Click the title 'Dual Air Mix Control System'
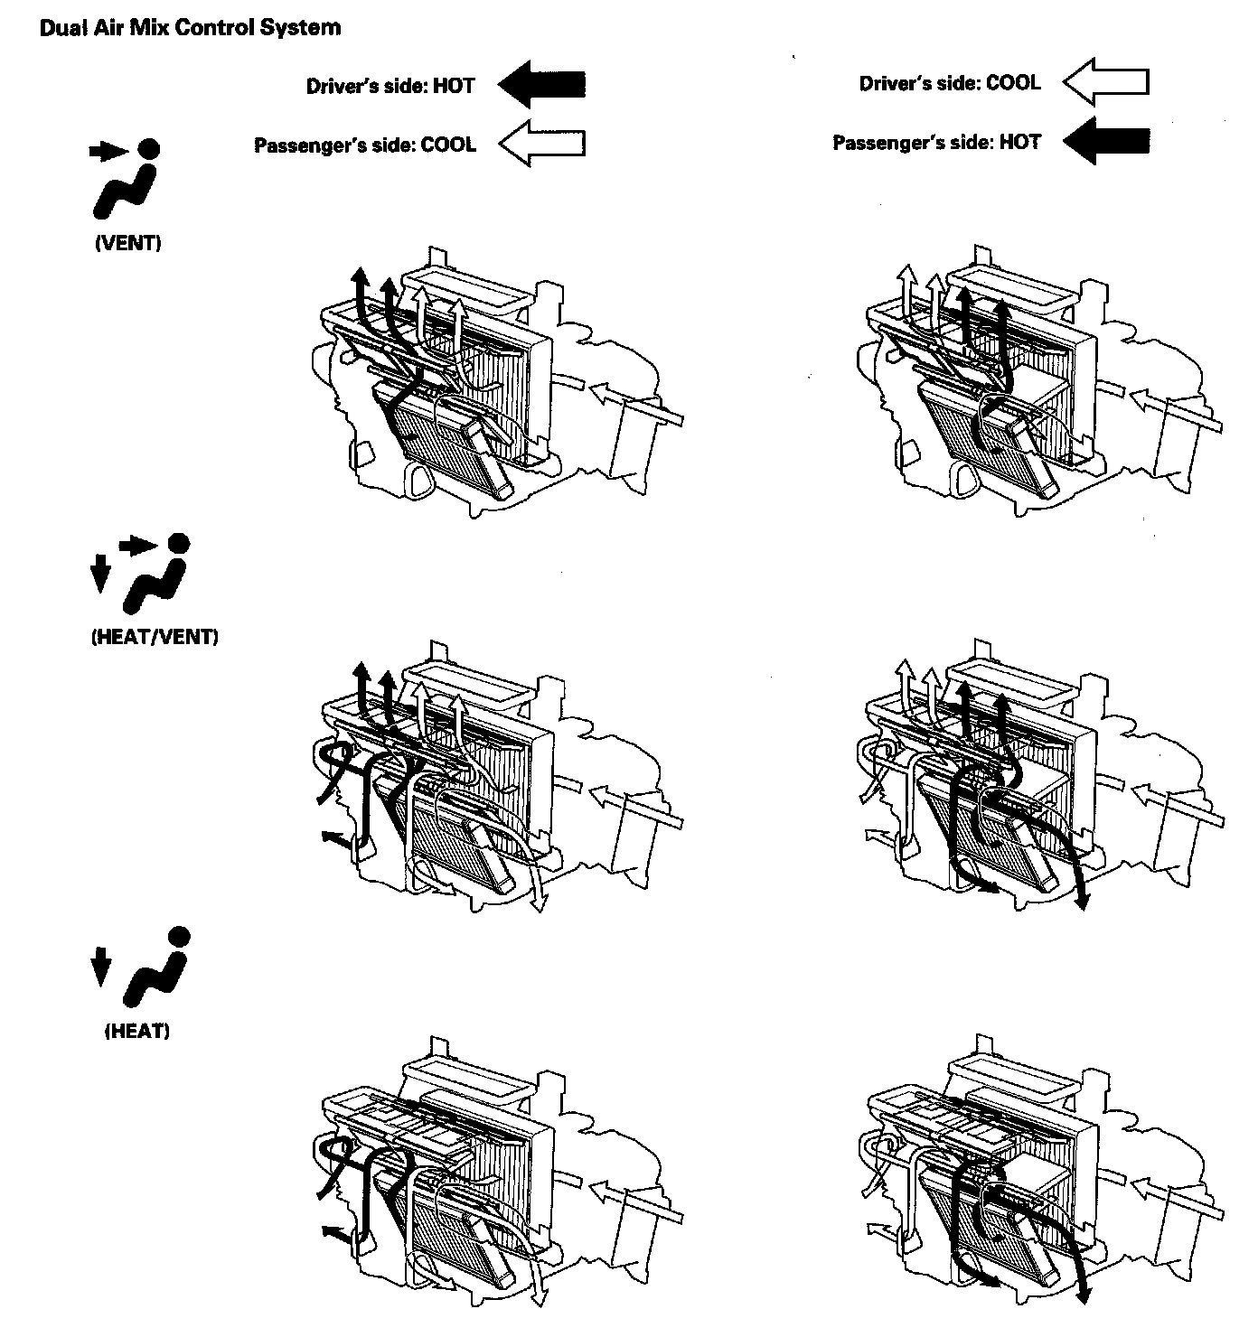click(190, 28)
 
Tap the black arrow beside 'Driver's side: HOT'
click(542, 86)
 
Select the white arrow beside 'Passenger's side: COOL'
click(542, 144)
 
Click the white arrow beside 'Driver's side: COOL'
click(1105, 82)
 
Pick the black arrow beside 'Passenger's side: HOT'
click(1105, 141)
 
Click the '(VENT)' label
click(127, 244)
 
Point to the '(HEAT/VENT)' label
click(155, 637)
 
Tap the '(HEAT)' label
click(137, 1031)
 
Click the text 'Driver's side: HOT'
click(390, 87)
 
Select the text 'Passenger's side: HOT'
click(936, 143)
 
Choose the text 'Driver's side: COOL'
click(950, 83)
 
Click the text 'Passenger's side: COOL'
click(365, 145)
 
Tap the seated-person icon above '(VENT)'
click(127, 181)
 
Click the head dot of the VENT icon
click(149, 149)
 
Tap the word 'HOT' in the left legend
click(454, 87)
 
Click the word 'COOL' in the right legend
click(1013, 83)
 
